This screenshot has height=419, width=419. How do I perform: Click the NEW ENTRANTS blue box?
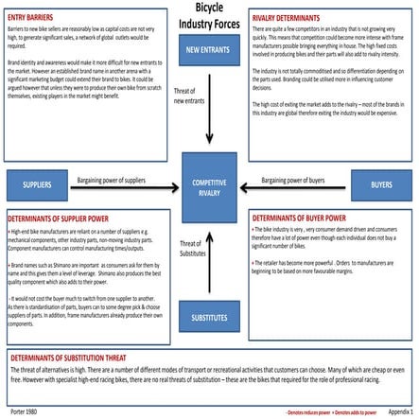point(208,48)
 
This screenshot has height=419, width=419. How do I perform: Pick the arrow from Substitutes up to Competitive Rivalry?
point(208,255)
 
